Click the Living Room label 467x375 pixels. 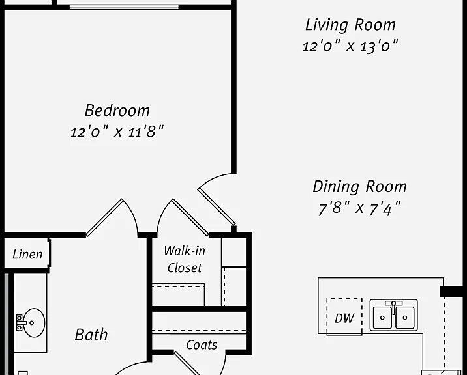pos(350,25)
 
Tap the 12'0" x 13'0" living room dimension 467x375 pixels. pos(350,46)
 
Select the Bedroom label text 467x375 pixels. pos(117,111)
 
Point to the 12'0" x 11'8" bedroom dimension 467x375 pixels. pos(117,131)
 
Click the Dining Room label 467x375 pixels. pos(360,187)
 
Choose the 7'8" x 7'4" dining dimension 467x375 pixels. pos(359,208)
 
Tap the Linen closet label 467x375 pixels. pos(27,255)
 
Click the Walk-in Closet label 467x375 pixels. pos(185,259)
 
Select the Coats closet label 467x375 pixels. pos(202,345)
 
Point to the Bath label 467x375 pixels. pos(91,335)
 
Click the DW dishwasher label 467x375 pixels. pos(344,318)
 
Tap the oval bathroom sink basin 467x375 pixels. pos(34,323)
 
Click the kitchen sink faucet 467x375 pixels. pos(394,307)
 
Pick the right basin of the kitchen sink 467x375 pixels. pos(405,318)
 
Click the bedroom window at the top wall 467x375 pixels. pos(124,7)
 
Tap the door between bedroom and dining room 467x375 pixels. pos(217,206)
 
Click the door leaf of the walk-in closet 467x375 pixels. pos(190,217)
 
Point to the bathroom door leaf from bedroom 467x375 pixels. pos(104,217)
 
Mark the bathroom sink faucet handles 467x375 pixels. pos(20,323)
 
